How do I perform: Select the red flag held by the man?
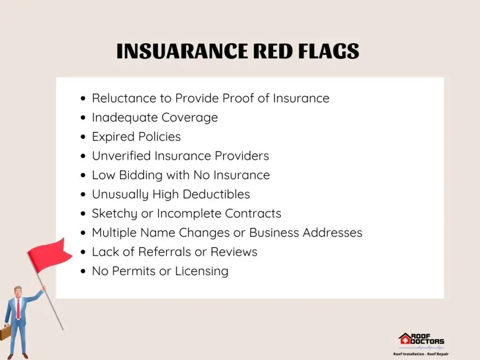50,255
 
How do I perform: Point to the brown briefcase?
5,332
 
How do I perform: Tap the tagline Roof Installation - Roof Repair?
421,354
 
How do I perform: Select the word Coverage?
190,118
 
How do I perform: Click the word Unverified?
121,156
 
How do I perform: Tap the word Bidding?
141,175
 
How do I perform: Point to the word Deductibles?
217,195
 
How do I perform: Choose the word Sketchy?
114,214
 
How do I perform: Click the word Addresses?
332,232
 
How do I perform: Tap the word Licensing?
202,271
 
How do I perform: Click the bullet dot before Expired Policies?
83,137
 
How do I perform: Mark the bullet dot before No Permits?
83,271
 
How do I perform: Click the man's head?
18,292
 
